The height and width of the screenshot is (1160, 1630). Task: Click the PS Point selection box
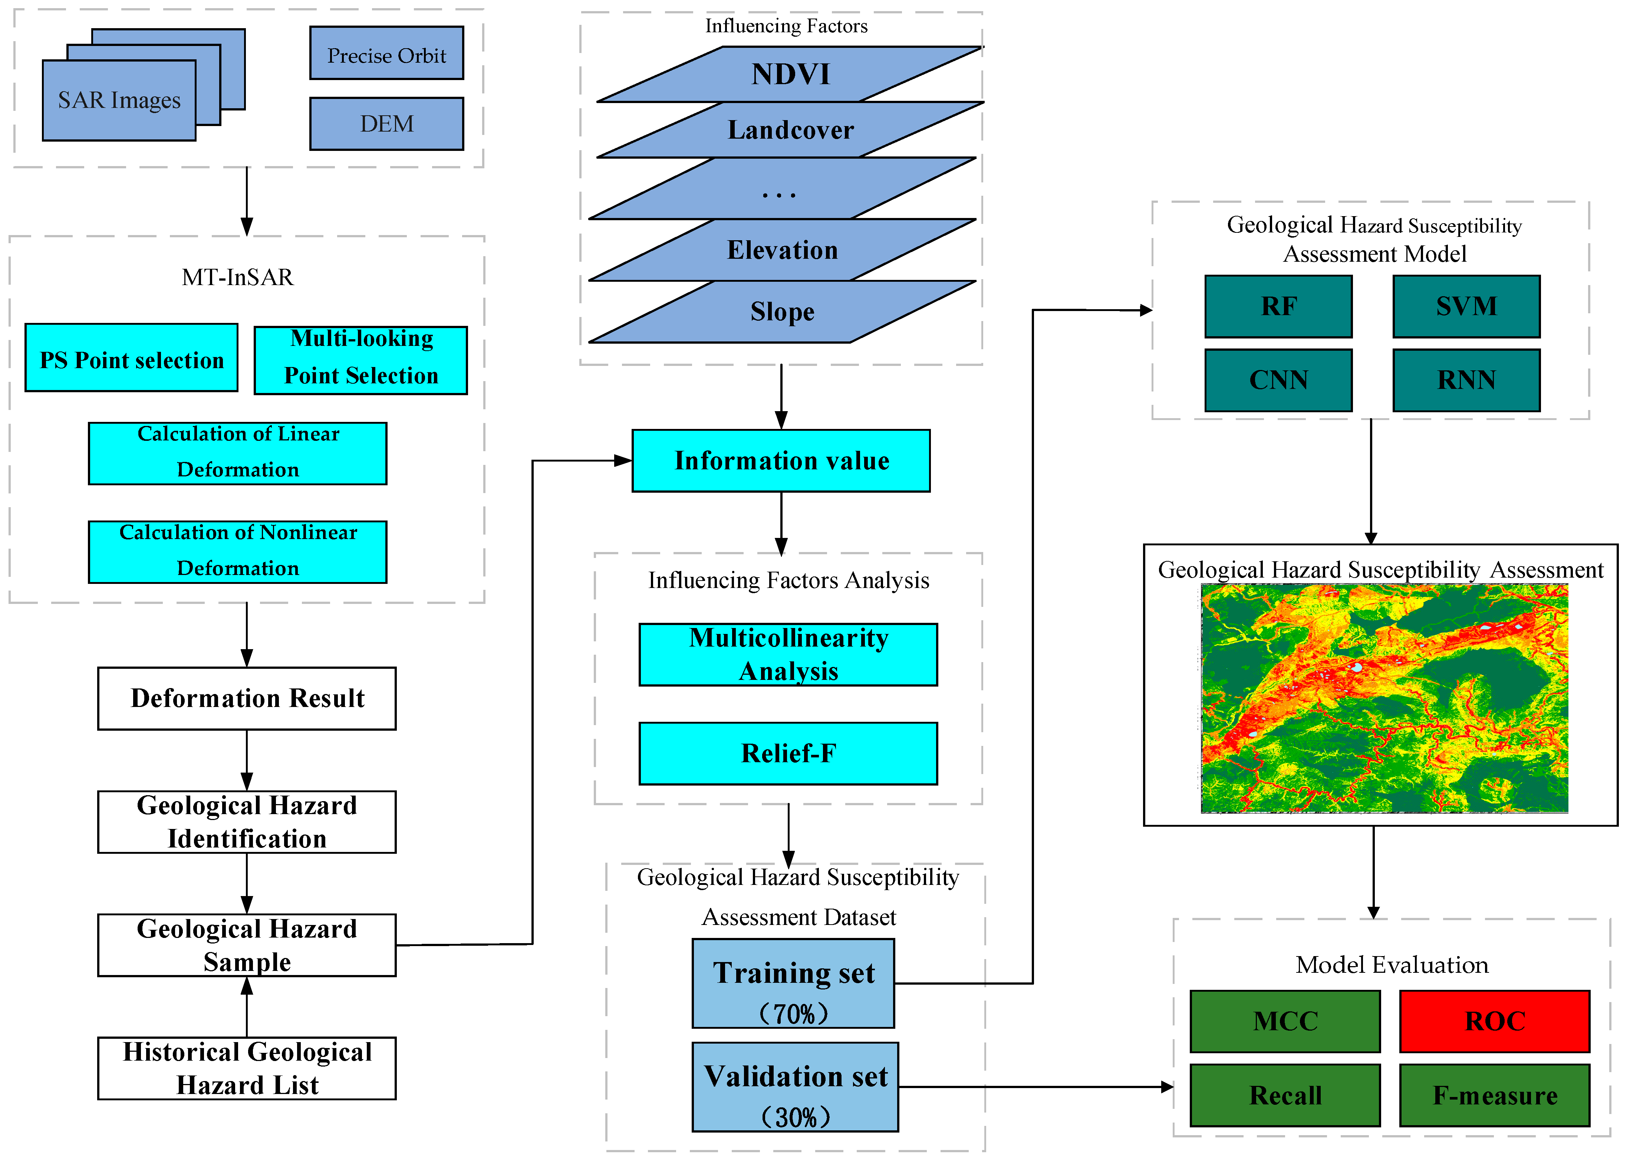tap(132, 358)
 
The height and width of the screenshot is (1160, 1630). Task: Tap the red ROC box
tap(1494, 1021)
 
